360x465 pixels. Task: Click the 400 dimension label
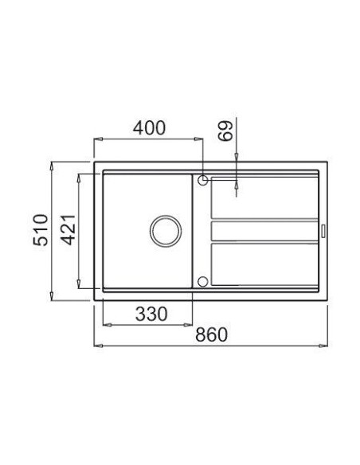[x=148, y=127]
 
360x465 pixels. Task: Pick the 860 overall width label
[x=211, y=335]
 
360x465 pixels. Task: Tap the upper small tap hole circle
[x=203, y=181]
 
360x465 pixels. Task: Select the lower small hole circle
[x=203, y=280]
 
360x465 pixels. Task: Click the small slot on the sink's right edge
[x=323, y=231]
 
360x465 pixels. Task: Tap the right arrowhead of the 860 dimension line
[x=327, y=346]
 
